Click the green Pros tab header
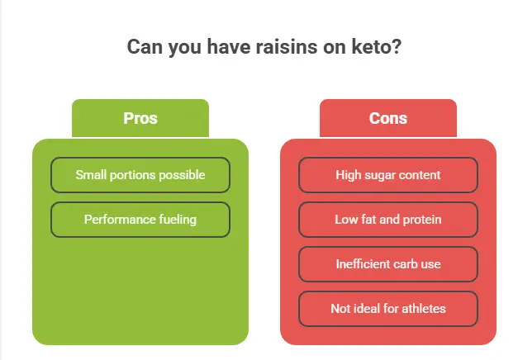(140, 118)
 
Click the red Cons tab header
(388, 118)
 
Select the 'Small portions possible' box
(140, 175)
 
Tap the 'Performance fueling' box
(140, 220)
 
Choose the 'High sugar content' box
(388, 175)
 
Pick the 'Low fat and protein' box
(388, 220)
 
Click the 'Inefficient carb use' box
(388, 264)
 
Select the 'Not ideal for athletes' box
(388, 309)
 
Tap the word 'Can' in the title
(144, 47)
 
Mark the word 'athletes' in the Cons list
(421, 309)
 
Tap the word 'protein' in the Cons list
(421, 220)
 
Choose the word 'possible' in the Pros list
(182, 175)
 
